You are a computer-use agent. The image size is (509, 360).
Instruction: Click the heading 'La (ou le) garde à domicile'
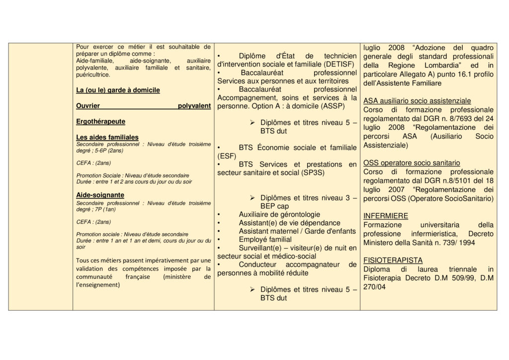(x=118, y=90)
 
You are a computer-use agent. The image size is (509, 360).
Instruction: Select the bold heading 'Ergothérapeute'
(x=100, y=121)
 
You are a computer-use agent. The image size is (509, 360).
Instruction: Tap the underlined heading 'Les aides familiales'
(x=107, y=137)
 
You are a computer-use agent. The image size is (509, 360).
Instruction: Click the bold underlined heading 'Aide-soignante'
(x=100, y=195)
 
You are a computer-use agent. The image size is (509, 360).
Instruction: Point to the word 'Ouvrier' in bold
(x=88, y=106)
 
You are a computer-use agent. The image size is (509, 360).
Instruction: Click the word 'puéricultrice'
(x=93, y=75)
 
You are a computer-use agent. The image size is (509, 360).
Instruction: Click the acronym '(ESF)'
(x=226, y=156)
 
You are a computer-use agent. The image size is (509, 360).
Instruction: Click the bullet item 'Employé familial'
(x=266, y=239)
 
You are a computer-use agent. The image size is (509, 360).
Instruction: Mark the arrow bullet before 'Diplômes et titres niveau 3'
(x=253, y=198)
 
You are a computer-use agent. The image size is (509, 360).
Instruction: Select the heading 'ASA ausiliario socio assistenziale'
(x=417, y=100)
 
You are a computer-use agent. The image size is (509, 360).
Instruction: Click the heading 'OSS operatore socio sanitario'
(x=412, y=163)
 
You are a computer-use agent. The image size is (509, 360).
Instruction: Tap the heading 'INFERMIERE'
(x=386, y=216)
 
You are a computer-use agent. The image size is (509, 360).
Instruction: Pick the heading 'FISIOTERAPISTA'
(x=393, y=260)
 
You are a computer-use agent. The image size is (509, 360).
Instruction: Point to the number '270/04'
(x=374, y=286)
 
